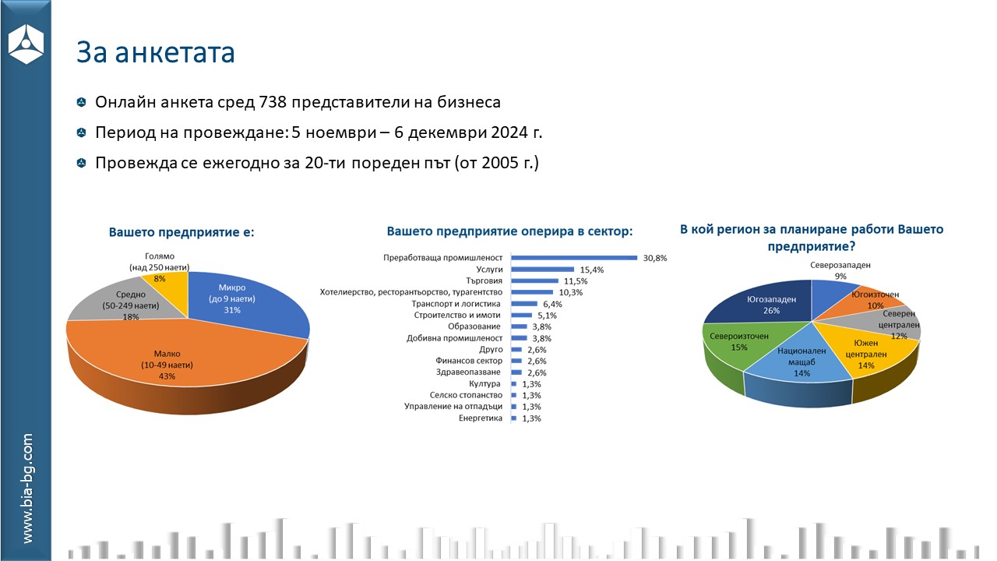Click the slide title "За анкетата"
tap(155, 52)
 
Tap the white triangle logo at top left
tap(26, 44)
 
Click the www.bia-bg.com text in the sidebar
tap(27, 489)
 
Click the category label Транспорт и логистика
tap(455, 303)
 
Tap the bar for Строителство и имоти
tap(521, 315)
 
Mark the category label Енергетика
tap(481, 418)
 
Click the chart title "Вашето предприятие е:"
tap(181, 232)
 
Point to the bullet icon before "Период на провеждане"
tap(81, 133)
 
